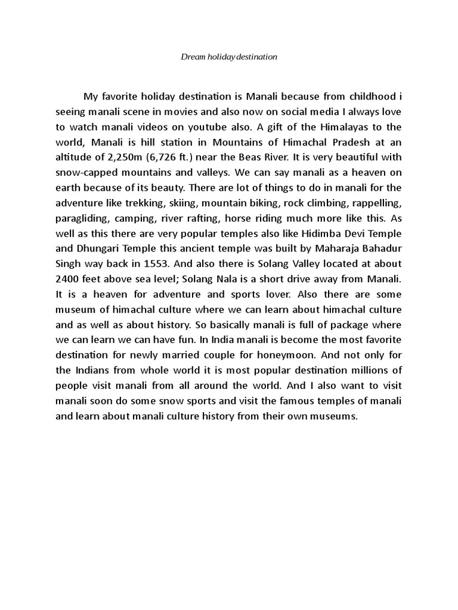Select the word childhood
pos(368,96)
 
